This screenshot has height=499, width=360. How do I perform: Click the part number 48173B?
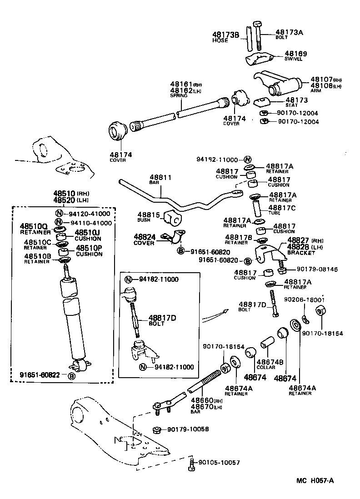pyautogui.click(x=226, y=35)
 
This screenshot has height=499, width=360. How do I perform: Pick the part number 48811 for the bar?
pyautogui.click(x=161, y=177)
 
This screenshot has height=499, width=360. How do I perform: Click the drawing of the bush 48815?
pyautogui.click(x=174, y=218)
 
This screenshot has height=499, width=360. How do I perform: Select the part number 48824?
pyautogui.click(x=145, y=237)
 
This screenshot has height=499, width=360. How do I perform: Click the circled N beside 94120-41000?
pyautogui.click(x=59, y=214)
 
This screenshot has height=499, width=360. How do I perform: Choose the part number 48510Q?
pyautogui.click(x=34, y=226)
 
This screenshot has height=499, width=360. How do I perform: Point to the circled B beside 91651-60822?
pyautogui.click(x=71, y=375)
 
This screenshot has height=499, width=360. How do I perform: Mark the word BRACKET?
pyautogui.click(x=301, y=253)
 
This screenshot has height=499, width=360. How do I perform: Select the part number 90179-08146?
pyautogui.click(x=317, y=269)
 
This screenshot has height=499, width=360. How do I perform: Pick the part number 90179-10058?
pyautogui.click(x=188, y=429)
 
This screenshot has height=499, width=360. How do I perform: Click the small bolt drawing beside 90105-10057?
pyautogui.click(x=191, y=464)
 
